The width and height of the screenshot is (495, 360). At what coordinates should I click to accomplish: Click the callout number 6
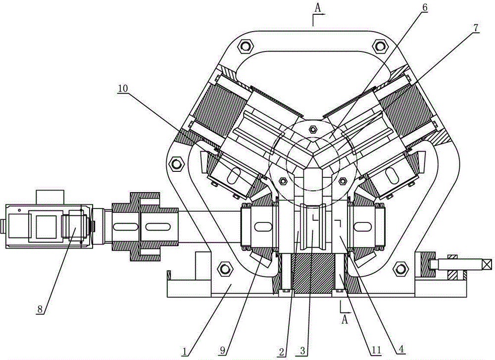click(425, 7)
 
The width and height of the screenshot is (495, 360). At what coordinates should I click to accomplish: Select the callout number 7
click(476, 28)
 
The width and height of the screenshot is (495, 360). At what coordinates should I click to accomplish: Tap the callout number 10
click(123, 89)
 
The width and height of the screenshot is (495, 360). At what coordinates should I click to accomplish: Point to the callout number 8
click(40, 309)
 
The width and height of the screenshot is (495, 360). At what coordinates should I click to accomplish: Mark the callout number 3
click(303, 351)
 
